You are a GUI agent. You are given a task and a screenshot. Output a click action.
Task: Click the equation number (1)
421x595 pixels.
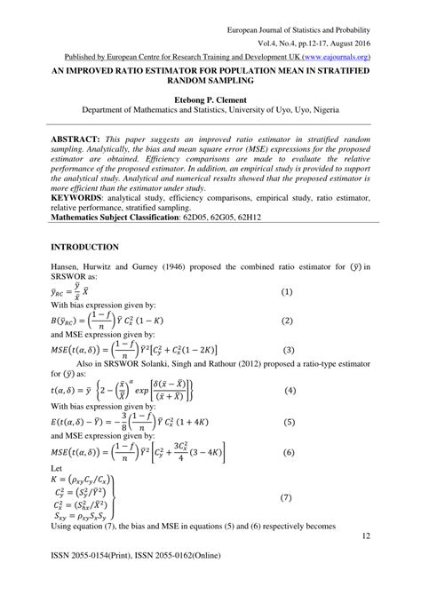287,292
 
